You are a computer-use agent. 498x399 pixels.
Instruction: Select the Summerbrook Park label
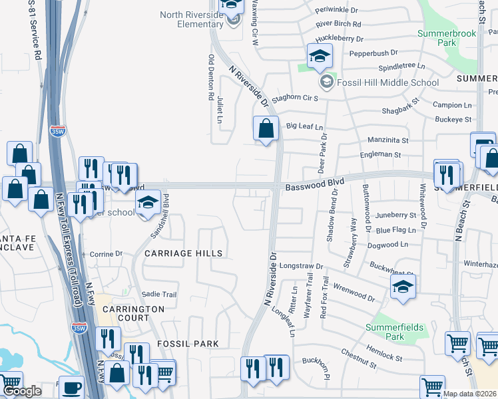click(x=437, y=38)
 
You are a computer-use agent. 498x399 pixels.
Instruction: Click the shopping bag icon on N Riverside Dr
click(x=266, y=128)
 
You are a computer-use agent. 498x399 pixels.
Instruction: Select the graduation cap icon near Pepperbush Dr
click(x=320, y=56)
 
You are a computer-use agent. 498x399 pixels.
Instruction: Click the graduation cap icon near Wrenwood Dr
click(x=403, y=287)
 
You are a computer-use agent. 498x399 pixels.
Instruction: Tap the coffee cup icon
click(x=71, y=387)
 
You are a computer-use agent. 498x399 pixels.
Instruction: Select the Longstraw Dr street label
click(x=301, y=266)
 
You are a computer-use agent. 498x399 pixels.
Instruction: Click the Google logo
click(x=21, y=391)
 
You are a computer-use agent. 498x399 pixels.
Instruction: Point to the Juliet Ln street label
click(x=220, y=110)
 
